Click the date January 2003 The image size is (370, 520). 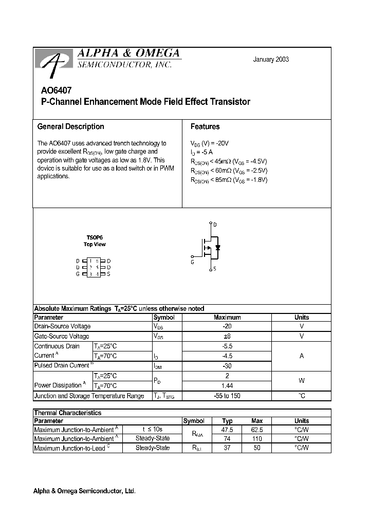271,59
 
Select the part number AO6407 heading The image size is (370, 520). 53,89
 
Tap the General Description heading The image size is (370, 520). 70,126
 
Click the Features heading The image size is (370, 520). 205,126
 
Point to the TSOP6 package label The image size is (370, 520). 95,237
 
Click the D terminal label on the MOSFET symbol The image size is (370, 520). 215,225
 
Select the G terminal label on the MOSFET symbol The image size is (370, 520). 192,262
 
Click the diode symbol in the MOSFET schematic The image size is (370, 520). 218,248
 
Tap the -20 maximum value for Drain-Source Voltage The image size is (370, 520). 227,326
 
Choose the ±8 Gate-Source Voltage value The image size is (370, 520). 227,336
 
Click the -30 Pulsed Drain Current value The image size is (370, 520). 227,365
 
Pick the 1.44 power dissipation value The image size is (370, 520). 227,385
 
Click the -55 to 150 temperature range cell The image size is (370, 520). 227,396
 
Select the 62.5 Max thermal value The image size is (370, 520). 257,430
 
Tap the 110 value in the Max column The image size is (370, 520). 257,439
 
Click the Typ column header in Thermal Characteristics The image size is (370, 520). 227,421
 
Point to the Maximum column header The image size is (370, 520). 227,318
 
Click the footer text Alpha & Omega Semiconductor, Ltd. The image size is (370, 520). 85,491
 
